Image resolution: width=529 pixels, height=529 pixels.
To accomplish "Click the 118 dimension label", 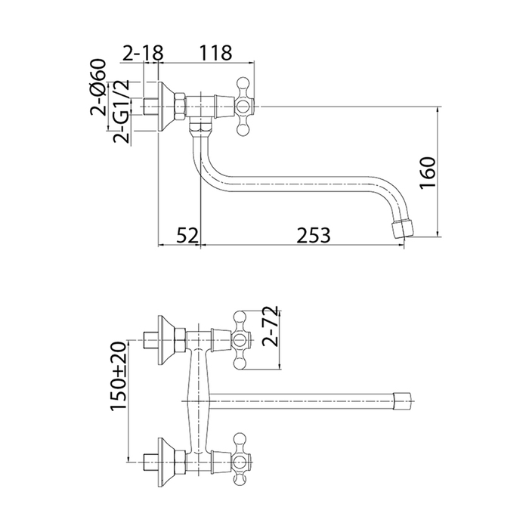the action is click(x=215, y=53).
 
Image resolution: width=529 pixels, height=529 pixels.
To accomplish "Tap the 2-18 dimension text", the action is click(x=142, y=53).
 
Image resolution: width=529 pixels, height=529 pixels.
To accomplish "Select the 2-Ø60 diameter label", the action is click(x=98, y=87).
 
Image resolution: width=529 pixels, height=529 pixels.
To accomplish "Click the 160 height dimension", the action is click(x=428, y=173).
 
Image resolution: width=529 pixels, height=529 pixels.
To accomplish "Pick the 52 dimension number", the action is click(x=187, y=235).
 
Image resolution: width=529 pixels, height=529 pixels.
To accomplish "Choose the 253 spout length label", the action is click(x=314, y=235).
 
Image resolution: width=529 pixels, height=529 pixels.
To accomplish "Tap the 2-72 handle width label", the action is click(x=271, y=326).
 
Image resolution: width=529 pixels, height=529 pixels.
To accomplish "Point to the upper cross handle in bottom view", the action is click(x=241, y=340).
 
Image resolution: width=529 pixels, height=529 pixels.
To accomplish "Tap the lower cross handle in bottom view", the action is click(x=241, y=462).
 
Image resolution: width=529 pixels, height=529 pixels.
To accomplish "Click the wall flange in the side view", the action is click(x=166, y=107).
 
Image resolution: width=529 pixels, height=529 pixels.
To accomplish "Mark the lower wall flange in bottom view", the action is click(x=166, y=462).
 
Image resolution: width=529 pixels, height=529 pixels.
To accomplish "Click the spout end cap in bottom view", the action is click(x=403, y=401).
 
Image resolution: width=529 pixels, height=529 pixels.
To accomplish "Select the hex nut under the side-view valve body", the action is click(x=200, y=128).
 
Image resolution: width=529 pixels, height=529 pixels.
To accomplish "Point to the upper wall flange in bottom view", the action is click(x=166, y=340).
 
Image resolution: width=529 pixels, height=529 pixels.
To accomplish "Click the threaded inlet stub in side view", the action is click(x=151, y=107).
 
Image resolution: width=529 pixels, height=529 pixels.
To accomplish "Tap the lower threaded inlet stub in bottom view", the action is click(x=151, y=462).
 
